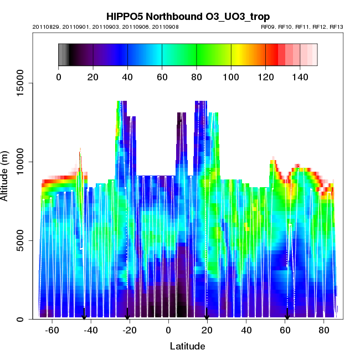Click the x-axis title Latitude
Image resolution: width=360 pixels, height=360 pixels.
pyautogui.click(x=187, y=346)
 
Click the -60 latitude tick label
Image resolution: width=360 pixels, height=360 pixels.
pyautogui.click(x=52, y=330)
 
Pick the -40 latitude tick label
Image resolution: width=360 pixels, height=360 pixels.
pyautogui.click(x=91, y=330)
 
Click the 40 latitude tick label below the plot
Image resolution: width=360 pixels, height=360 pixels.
pyautogui.click(x=246, y=330)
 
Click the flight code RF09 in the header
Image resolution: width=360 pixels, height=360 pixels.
pyautogui.click(x=269, y=27)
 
